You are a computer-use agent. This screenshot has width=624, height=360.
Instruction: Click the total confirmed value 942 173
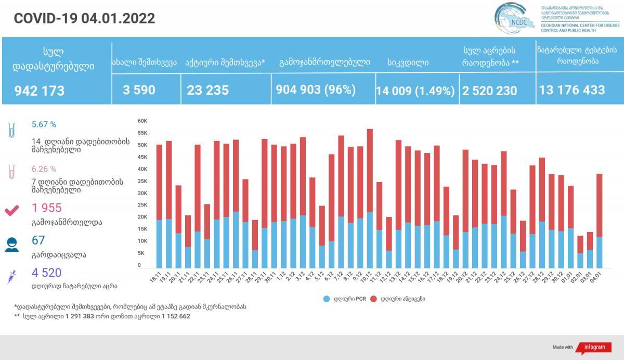click(x=40, y=91)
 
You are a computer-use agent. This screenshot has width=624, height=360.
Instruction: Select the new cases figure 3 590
click(x=139, y=89)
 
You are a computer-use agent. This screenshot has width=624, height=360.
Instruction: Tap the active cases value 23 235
click(x=207, y=90)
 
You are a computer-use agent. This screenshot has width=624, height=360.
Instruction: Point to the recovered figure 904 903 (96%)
click(x=316, y=89)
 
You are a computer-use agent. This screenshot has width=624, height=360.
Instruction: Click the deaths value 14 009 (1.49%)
click(x=415, y=91)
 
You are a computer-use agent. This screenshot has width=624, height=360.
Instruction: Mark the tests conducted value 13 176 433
click(x=572, y=90)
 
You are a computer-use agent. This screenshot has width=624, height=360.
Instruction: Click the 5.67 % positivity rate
click(x=44, y=125)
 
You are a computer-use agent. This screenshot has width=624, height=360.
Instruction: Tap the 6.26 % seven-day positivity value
click(x=44, y=169)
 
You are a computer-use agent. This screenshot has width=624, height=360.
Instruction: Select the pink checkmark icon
click(x=11, y=210)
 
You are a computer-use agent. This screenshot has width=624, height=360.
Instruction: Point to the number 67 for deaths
click(x=38, y=240)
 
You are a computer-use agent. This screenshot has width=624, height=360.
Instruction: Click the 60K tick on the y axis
click(x=143, y=121)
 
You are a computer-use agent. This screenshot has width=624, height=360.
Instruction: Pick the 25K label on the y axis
click(x=143, y=205)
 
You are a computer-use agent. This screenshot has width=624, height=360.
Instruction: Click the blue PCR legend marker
click(x=327, y=299)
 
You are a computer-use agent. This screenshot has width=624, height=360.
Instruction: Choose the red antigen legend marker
click(x=374, y=299)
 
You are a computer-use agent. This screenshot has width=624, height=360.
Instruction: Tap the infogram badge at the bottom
click(x=594, y=347)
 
